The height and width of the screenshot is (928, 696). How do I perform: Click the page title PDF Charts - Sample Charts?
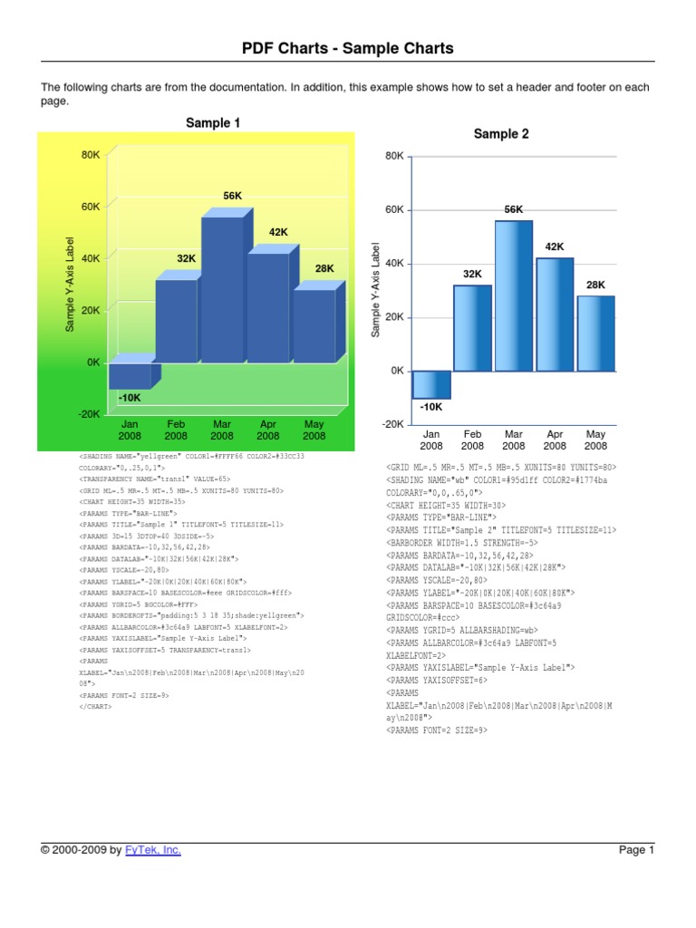click(x=348, y=49)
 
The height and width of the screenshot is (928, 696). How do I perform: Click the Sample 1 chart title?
click(x=213, y=122)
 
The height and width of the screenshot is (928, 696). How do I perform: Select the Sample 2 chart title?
click(x=501, y=134)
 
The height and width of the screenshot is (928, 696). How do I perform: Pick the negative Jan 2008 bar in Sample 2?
click(x=431, y=384)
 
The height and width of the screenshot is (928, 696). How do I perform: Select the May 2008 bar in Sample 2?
click(x=595, y=333)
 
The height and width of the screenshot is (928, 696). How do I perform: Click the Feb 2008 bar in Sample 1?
click(x=176, y=320)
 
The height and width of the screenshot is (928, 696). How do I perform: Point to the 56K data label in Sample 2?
click(x=514, y=209)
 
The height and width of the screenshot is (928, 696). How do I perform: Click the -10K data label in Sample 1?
click(x=129, y=397)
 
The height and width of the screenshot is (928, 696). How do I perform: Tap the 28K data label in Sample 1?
click(x=324, y=268)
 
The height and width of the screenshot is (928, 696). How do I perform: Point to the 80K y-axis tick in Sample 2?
click(x=393, y=156)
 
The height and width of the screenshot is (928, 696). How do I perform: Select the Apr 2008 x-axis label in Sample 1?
click(x=268, y=430)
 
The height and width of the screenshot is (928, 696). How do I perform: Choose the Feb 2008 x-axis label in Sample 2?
click(x=472, y=440)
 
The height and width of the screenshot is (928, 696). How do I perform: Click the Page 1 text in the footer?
click(x=635, y=850)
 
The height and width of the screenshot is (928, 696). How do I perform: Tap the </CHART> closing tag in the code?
click(x=96, y=706)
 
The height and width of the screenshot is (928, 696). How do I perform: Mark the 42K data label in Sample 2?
click(x=555, y=246)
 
